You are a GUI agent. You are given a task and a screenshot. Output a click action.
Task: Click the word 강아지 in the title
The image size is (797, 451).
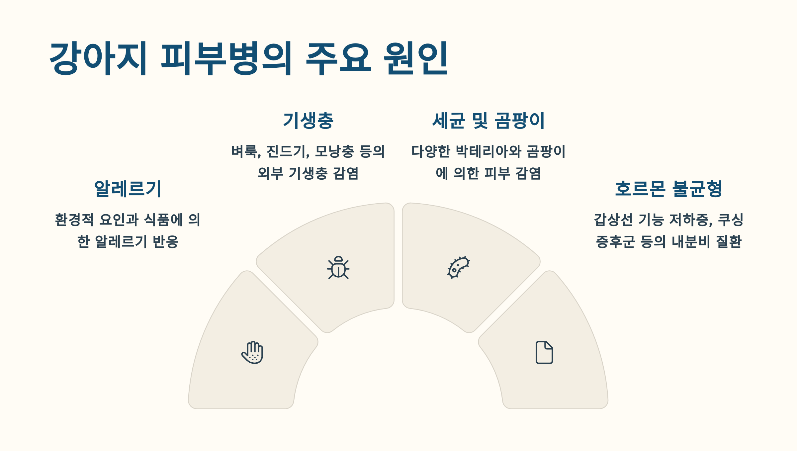(98, 59)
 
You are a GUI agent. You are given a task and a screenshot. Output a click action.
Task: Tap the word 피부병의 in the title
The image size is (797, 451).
(226, 59)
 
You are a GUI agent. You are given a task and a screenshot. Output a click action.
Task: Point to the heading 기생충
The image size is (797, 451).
(308, 120)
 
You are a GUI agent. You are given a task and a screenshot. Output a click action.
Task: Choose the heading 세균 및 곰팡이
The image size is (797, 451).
(488, 120)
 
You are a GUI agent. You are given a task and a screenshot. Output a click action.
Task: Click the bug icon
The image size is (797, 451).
(338, 267)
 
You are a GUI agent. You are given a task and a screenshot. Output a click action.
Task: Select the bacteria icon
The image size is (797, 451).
(458, 267)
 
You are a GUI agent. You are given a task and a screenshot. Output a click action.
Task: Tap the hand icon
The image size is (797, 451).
(253, 352)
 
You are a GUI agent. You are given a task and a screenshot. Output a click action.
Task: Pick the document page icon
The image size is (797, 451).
(544, 352)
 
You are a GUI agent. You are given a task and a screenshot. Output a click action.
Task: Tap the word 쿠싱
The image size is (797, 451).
(731, 220)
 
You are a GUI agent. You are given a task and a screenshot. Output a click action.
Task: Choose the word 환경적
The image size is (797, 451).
(74, 220)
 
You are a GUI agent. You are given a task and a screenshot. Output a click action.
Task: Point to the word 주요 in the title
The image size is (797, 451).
(338, 59)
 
